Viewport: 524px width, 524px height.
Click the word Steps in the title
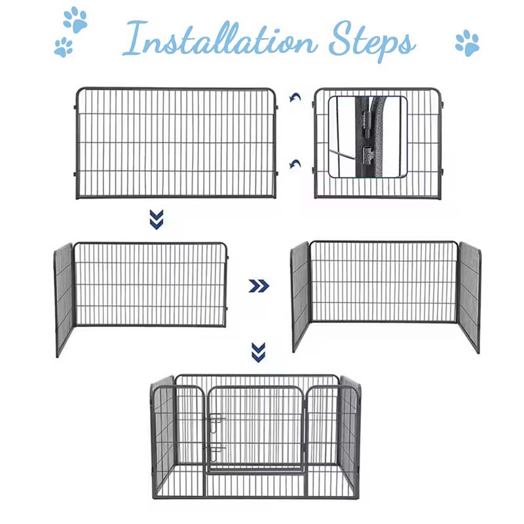[370, 41]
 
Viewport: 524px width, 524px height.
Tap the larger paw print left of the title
[75, 20]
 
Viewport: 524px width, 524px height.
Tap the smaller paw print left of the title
[64, 47]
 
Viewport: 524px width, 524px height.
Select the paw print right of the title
[467, 43]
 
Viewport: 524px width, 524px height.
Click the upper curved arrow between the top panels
[296, 98]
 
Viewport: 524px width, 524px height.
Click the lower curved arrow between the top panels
[296, 164]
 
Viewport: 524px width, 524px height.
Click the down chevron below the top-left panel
[156, 219]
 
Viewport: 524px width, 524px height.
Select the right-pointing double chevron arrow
[259, 285]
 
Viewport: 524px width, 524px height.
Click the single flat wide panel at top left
[176, 143]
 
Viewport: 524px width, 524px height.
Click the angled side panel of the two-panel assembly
[64, 298]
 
